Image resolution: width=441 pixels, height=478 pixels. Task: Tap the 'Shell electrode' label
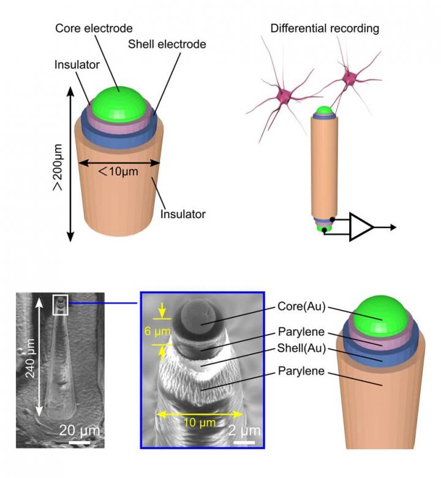(x=167, y=44)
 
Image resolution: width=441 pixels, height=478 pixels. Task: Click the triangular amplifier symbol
(x=361, y=227)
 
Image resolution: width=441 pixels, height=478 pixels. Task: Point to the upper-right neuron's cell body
(x=350, y=78)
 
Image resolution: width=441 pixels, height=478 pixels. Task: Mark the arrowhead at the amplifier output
(x=391, y=227)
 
